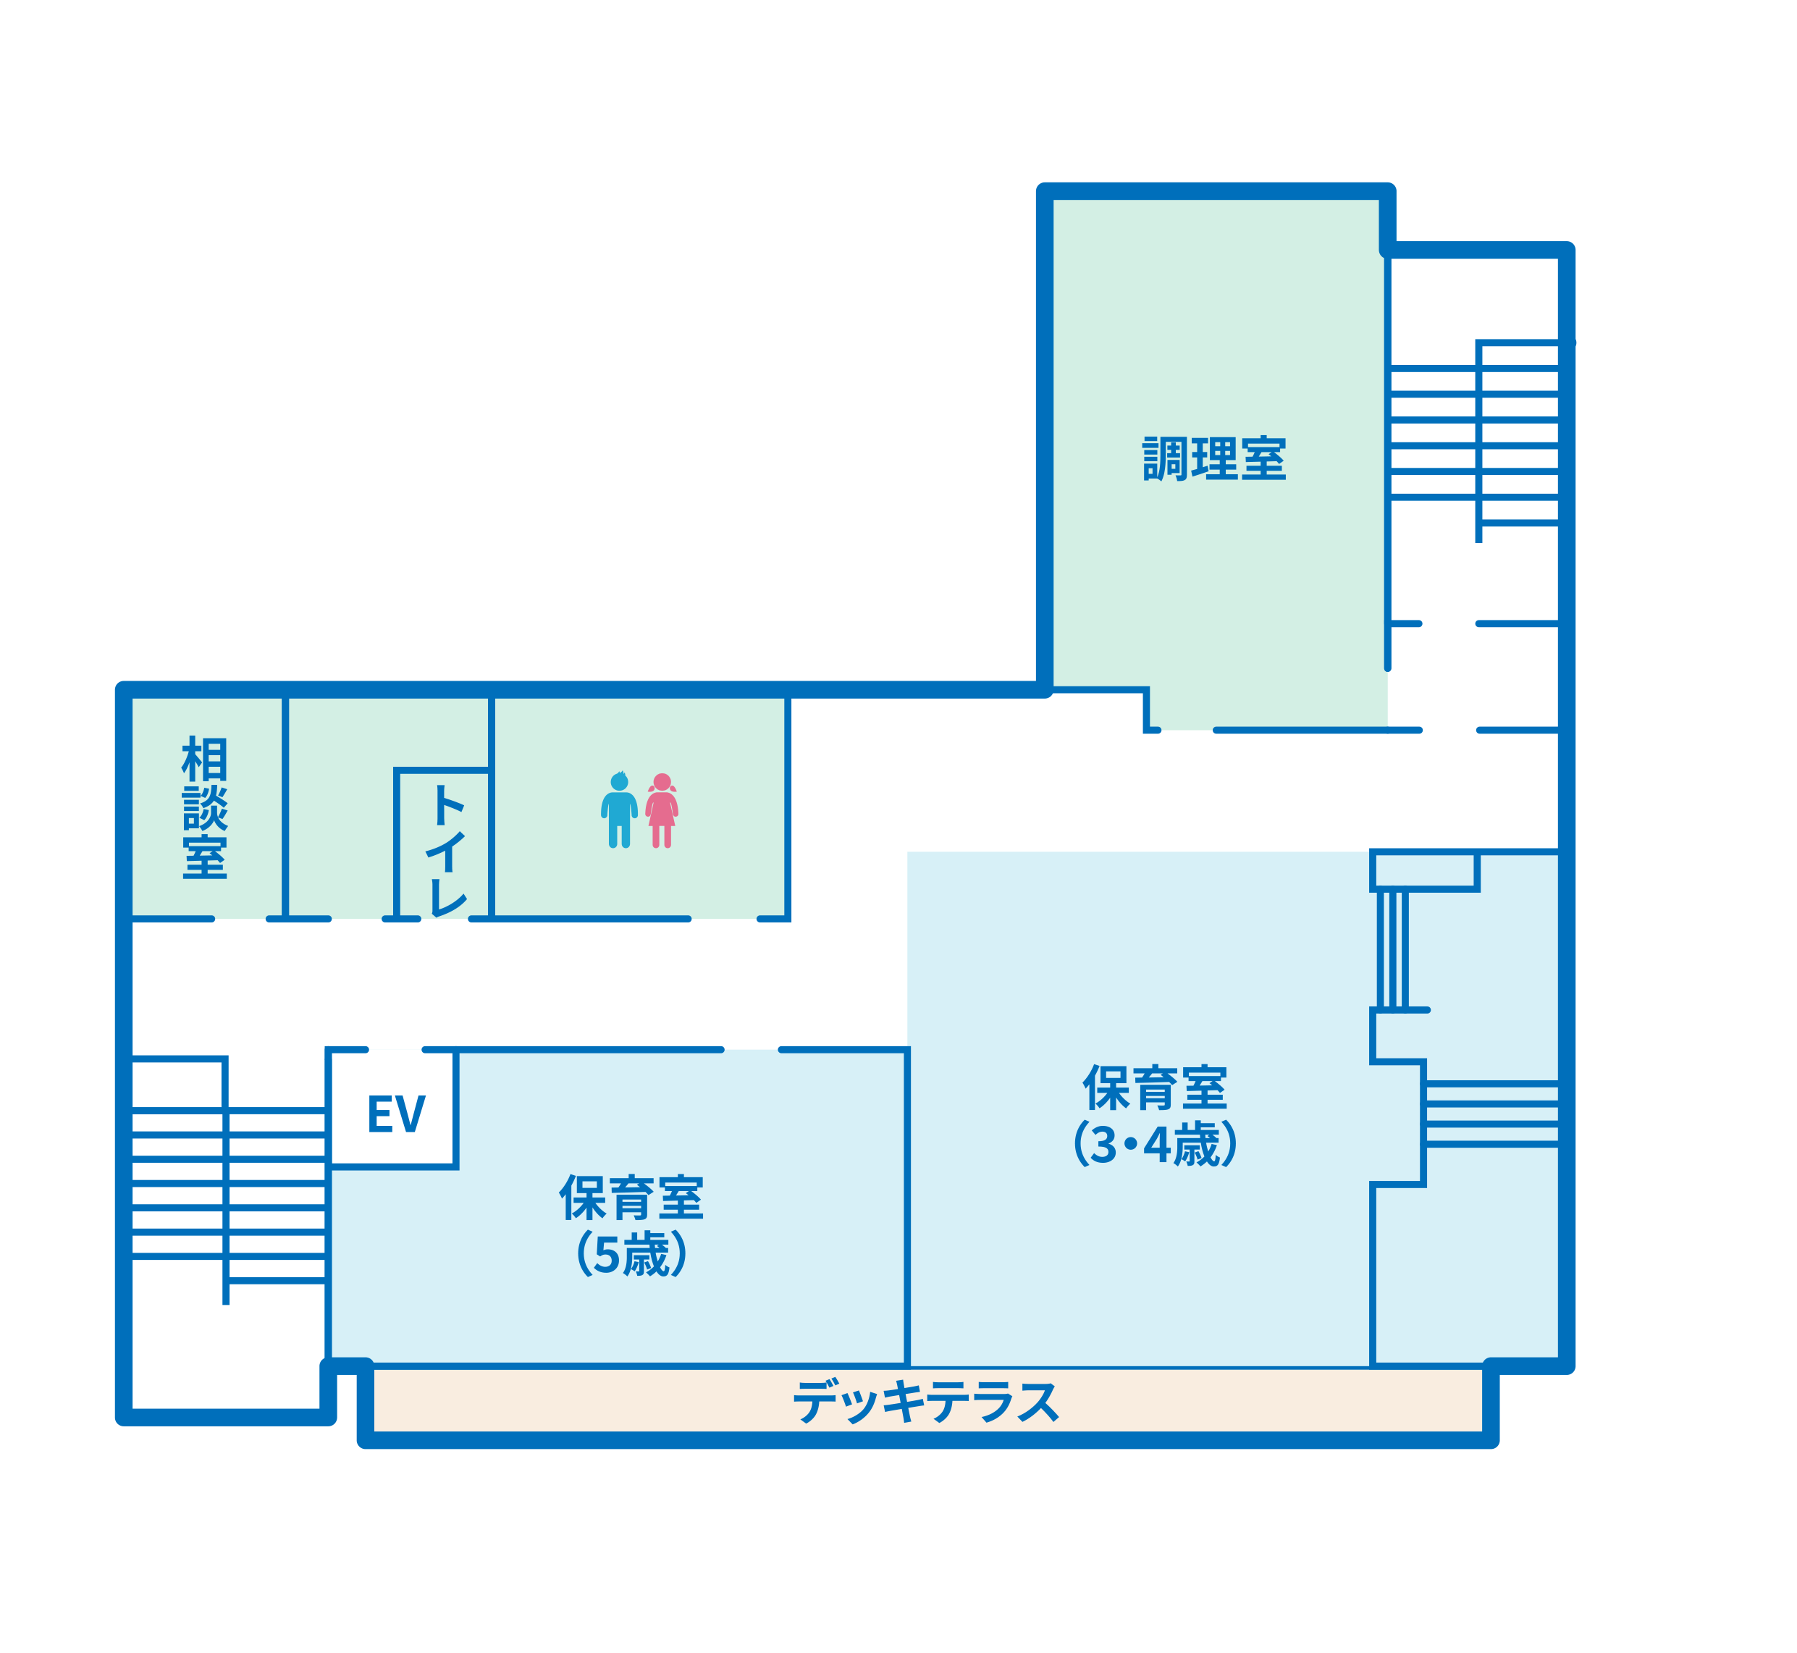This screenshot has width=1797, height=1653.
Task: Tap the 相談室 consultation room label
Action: pyautogui.click(x=205, y=808)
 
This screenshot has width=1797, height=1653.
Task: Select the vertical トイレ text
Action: pyautogui.click(x=447, y=850)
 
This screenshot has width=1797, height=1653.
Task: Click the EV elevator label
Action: pyautogui.click(x=396, y=1114)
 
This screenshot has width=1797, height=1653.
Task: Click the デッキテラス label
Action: pyautogui.click(x=926, y=1401)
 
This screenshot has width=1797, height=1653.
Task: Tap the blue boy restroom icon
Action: pyautogui.click(x=619, y=809)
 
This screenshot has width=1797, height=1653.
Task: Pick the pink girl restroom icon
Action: pyautogui.click(x=662, y=809)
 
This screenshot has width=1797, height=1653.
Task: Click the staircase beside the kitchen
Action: pyautogui.click(x=1474, y=441)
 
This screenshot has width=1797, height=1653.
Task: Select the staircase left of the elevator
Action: pyautogui.click(x=228, y=1181)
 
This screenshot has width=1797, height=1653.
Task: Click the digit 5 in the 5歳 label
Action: pyautogui.click(x=607, y=1254)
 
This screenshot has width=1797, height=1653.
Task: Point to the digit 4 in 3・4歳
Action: pyautogui.click(x=1158, y=1144)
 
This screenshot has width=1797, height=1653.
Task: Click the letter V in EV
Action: pyautogui.click(x=411, y=1114)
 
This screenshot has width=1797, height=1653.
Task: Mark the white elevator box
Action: pyautogui.click(x=394, y=1109)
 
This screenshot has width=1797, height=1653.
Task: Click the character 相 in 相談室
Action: pyautogui.click(x=205, y=759)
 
